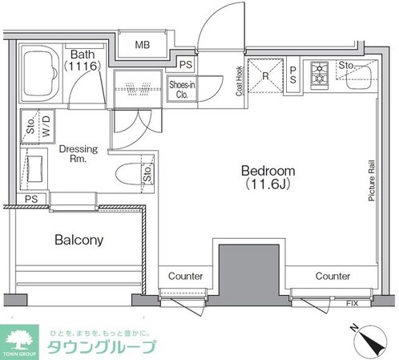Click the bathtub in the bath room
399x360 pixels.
click(x=37, y=75)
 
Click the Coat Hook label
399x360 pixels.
click(x=239, y=80)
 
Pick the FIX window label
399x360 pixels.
click(x=353, y=304)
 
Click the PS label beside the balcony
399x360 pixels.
click(x=31, y=199)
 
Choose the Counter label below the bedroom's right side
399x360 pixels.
click(x=332, y=276)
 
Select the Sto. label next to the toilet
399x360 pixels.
click(x=147, y=172)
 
